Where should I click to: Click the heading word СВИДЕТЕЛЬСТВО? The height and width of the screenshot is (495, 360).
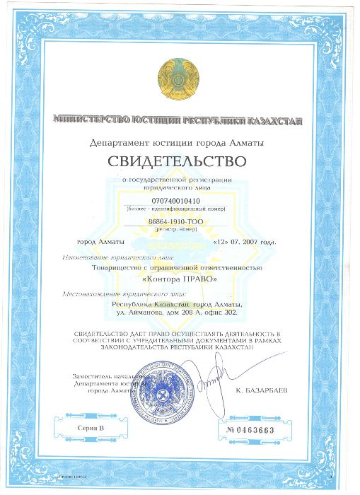178,162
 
